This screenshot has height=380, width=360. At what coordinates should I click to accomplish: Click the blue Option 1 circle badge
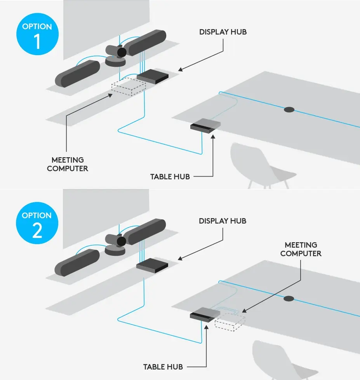coord(37,36)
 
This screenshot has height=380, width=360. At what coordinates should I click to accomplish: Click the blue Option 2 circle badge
coord(37,224)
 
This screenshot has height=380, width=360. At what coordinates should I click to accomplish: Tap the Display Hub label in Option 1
coord(223,32)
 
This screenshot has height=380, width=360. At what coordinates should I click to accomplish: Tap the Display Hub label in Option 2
coord(223,221)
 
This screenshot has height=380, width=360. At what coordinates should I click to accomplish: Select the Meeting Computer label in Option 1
coord(68,164)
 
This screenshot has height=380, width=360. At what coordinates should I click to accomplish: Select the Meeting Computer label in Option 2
coord(301,249)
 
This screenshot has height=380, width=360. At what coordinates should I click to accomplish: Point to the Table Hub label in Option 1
coord(170,177)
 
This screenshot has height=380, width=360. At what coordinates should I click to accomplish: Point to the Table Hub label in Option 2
coord(163,367)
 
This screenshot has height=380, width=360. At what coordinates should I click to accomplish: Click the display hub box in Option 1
coord(153,76)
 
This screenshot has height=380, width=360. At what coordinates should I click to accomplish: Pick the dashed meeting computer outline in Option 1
coord(128,87)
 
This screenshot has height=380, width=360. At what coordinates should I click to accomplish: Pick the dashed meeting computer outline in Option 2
coord(230,321)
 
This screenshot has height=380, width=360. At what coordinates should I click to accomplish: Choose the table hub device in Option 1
coord(205,126)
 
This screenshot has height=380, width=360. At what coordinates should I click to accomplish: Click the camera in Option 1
coord(117,54)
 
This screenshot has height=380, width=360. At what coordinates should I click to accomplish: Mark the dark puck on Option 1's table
coord(289,109)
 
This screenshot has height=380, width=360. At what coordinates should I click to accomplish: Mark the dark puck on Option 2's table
coord(289,298)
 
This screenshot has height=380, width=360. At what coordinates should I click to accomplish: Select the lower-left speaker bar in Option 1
coord(78,74)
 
